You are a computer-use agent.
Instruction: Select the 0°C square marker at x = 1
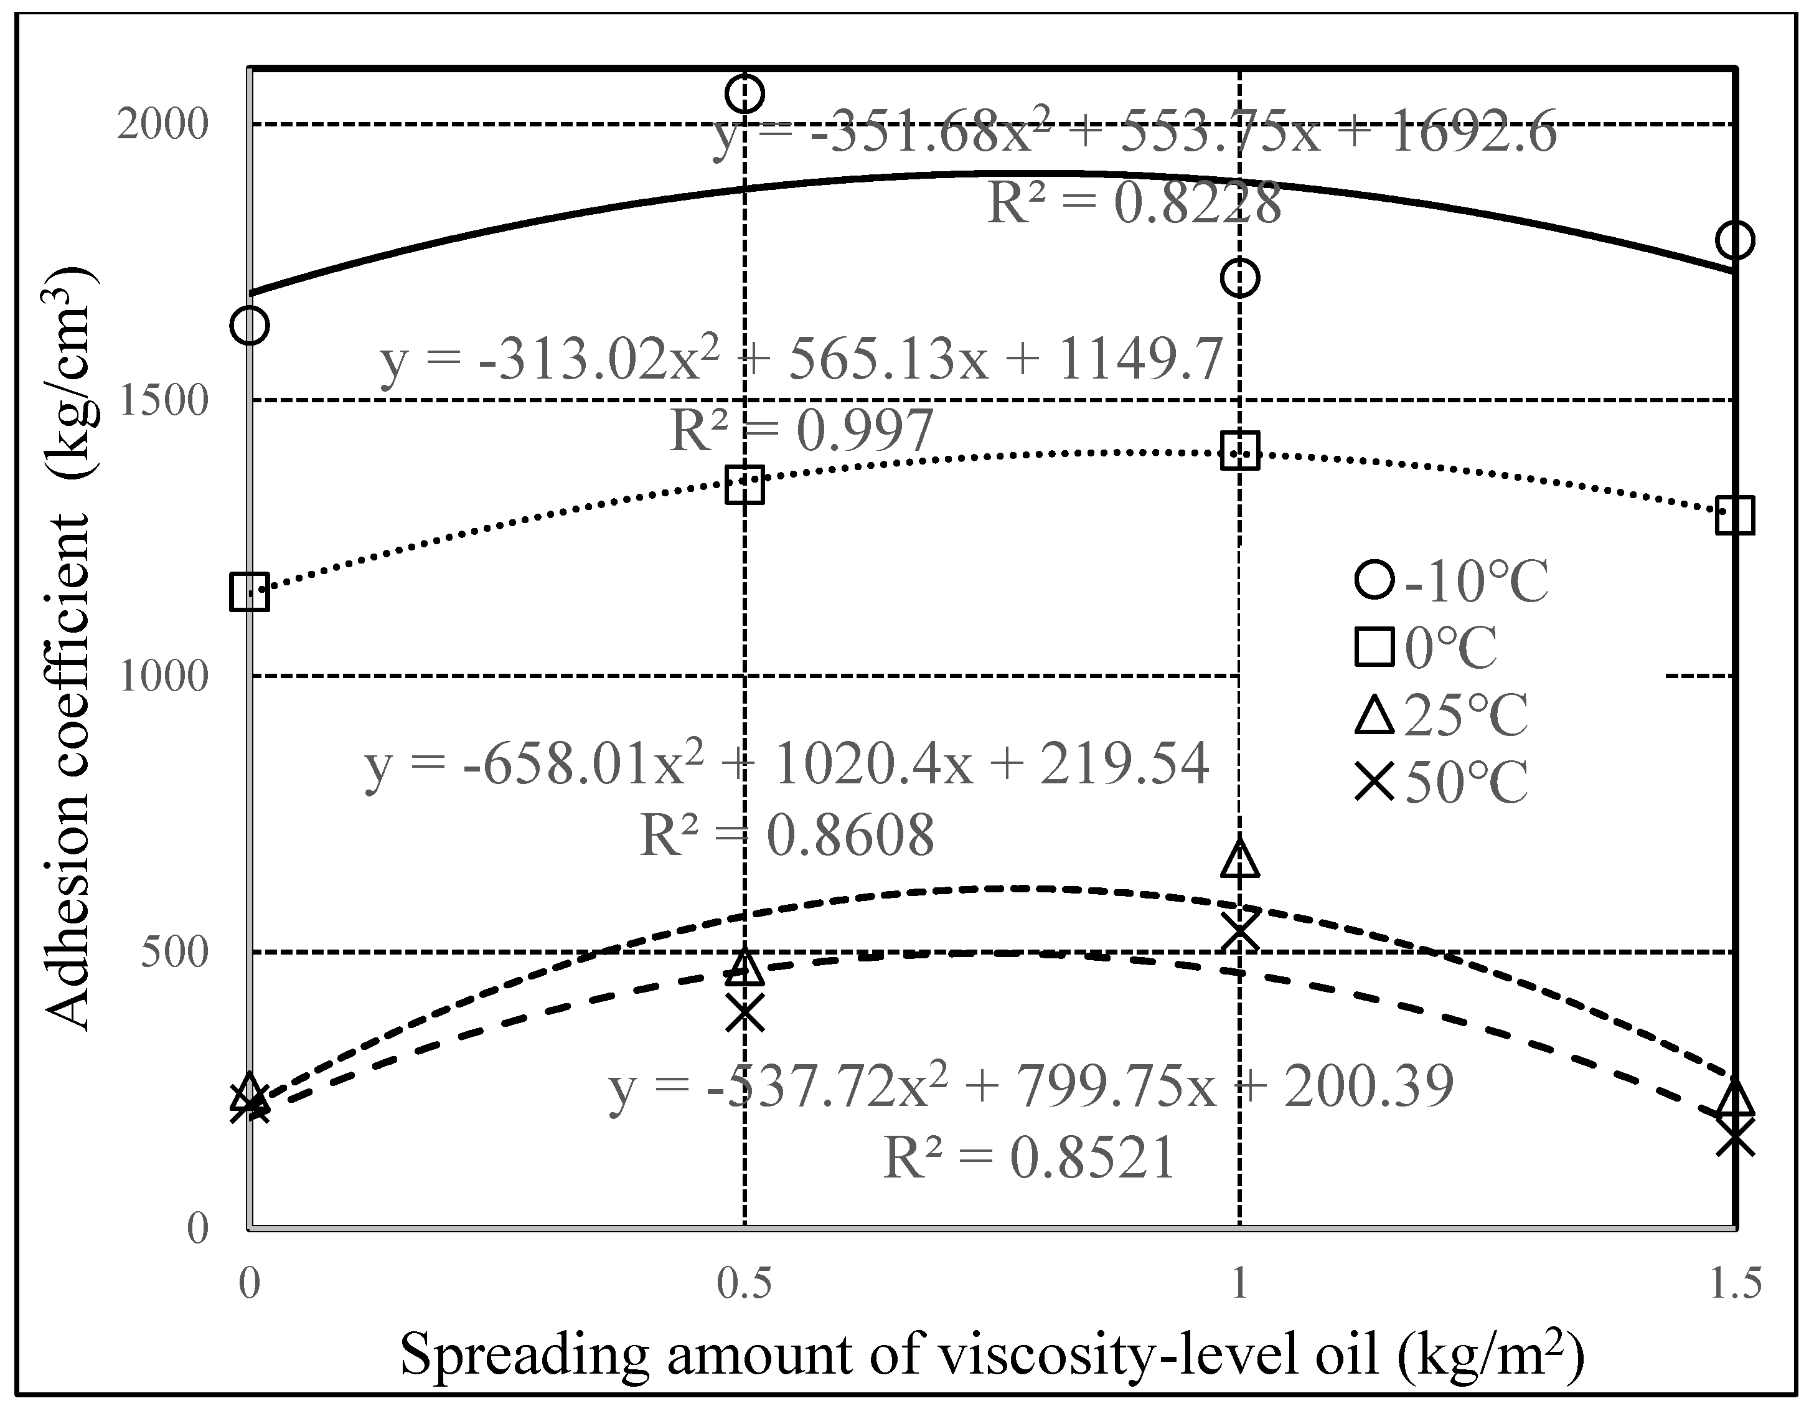(x=1239, y=451)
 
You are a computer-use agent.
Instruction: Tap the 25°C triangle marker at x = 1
(x=1239, y=860)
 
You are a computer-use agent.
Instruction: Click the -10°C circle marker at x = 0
(x=250, y=325)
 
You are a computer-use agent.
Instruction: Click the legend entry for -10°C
(x=1450, y=581)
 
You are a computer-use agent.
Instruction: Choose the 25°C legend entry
(x=1441, y=714)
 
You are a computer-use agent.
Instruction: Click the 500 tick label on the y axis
(x=172, y=952)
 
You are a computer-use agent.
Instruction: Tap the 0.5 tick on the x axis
(x=744, y=1283)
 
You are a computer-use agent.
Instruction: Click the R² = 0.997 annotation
(x=801, y=432)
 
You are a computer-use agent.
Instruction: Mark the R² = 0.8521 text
(x=1030, y=1158)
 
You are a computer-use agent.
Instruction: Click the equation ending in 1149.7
(x=801, y=361)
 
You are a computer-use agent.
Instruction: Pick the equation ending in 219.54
(x=787, y=764)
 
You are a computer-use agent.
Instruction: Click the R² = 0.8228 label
(x=1134, y=203)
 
